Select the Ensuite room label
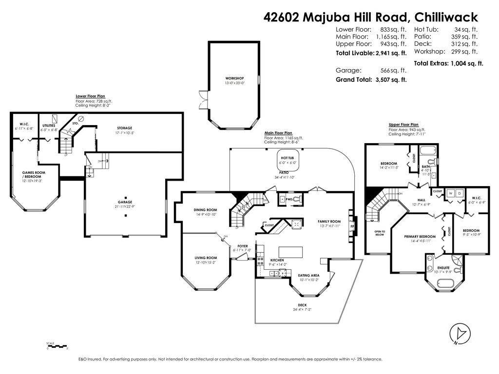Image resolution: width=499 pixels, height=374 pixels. [443, 267]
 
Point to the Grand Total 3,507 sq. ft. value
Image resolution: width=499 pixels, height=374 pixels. [389, 79]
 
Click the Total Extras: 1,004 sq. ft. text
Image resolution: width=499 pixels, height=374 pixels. [448, 63]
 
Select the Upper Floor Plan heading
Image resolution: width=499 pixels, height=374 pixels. [403, 125]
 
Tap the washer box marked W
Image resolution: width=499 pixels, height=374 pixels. [449, 192]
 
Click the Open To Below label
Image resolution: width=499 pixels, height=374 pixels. [380, 233]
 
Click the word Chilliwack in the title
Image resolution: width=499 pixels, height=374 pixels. [446, 17]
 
